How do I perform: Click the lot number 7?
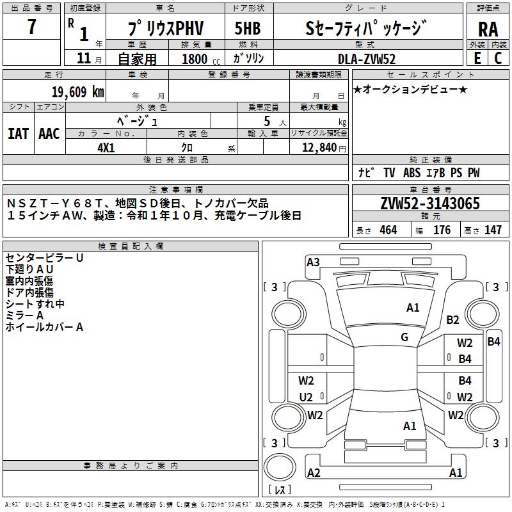pos(31,28)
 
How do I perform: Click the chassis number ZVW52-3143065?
pos(430,204)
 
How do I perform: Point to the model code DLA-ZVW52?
pos(367,59)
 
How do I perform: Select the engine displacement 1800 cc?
pos(196,59)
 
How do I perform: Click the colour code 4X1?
pos(106,147)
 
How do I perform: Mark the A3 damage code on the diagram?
pos(313,262)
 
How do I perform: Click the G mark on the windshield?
pos(404,337)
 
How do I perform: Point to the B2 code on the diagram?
pos(453,320)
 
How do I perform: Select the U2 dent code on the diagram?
pos(306,397)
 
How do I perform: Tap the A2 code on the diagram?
pos(314,473)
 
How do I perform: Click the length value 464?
pos(388,230)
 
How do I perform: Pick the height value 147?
pos(493,230)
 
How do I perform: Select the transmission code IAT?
pos(18,134)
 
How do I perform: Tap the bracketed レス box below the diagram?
pos(279,490)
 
